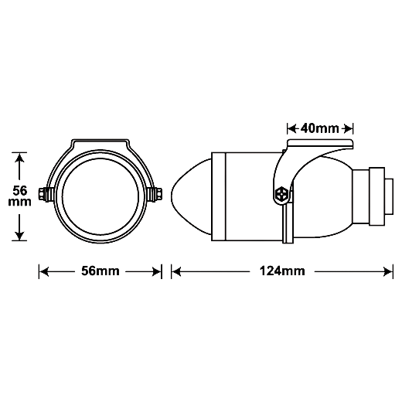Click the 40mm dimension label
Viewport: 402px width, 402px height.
(x=319, y=128)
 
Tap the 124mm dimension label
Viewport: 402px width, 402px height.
(x=282, y=271)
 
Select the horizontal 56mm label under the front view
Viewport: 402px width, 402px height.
(x=100, y=271)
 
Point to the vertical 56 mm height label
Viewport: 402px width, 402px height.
(x=19, y=196)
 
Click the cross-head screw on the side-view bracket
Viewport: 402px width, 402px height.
(x=281, y=194)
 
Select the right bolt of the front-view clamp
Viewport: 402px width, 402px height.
(x=155, y=194)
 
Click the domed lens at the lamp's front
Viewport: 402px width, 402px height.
(x=191, y=196)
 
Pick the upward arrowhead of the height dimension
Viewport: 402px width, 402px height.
(x=19, y=158)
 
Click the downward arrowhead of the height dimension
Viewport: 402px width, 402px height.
(x=19, y=236)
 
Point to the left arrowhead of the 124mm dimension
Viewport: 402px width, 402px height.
(x=176, y=271)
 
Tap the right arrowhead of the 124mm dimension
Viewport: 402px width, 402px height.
(x=388, y=271)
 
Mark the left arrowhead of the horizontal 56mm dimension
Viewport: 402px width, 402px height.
(x=44, y=271)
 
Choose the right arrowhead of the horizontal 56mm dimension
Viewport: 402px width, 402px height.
(x=157, y=271)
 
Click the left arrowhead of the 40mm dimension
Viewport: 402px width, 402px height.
(x=292, y=128)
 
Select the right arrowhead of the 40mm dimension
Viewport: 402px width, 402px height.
(x=348, y=128)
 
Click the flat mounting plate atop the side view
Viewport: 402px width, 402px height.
(x=320, y=144)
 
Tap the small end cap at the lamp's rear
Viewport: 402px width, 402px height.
(x=389, y=196)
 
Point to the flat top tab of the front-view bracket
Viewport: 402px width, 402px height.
(x=100, y=141)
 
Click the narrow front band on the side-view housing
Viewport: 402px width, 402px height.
(x=219, y=196)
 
